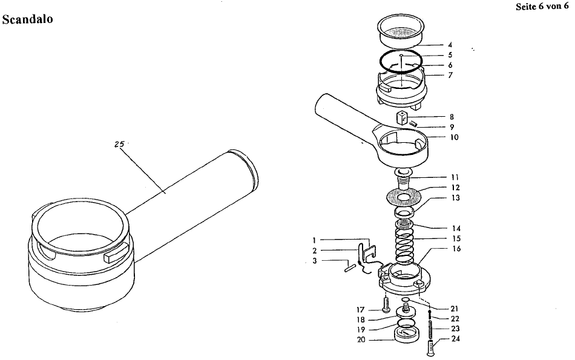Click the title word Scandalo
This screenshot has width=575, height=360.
[27, 19]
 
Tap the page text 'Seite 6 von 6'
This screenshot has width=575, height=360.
[542, 7]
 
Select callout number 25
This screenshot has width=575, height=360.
[119, 145]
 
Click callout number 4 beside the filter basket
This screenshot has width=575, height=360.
[450, 45]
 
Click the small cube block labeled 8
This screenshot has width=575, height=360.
[402, 119]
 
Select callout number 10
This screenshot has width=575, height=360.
[455, 137]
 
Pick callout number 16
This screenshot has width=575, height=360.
[456, 248]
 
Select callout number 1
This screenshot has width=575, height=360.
[314, 240]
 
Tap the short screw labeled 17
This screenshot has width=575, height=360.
[386, 304]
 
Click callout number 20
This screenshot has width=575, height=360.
[361, 340]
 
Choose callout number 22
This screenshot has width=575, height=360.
[455, 319]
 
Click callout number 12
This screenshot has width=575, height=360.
[455, 188]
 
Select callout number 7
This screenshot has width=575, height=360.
[450, 75]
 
